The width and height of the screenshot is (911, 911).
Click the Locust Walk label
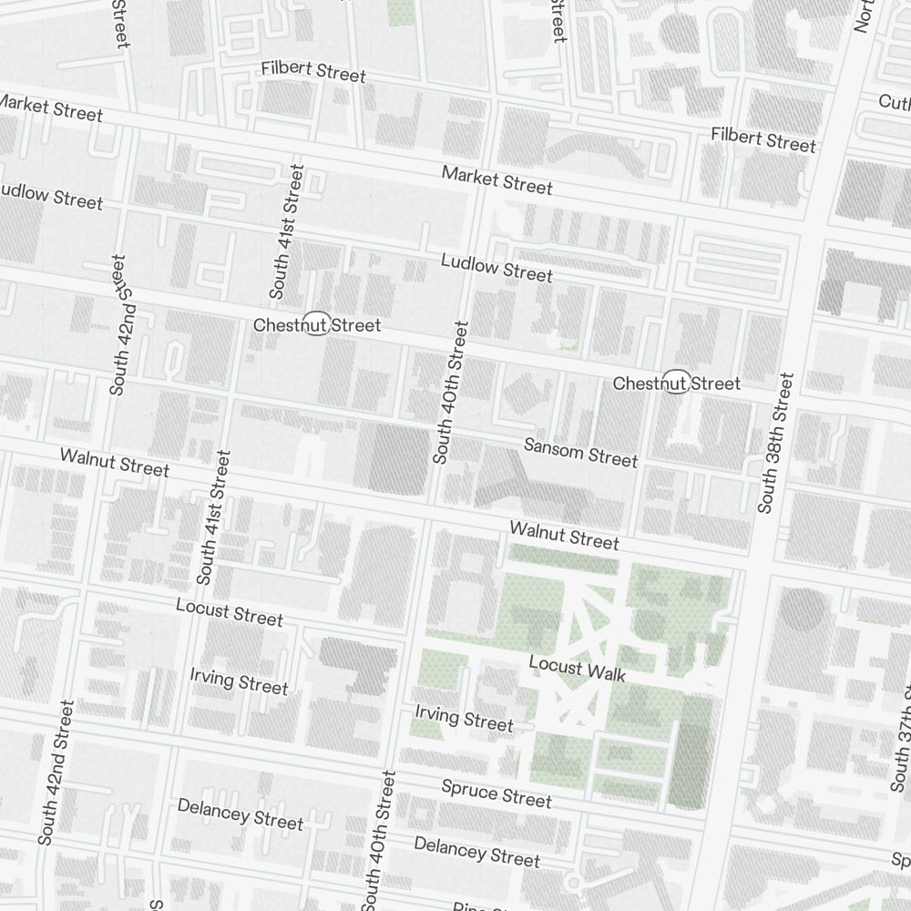click(578, 670)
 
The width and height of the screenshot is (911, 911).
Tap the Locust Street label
click(230, 612)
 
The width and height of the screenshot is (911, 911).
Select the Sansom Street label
click(580, 452)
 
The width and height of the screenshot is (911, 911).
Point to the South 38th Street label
click(776, 442)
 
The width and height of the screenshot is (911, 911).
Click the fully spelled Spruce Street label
click(496, 793)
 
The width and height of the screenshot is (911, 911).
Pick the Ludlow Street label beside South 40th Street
click(496, 268)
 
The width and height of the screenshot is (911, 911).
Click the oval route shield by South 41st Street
click(316, 323)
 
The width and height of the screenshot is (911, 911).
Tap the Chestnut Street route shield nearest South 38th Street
click(675, 383)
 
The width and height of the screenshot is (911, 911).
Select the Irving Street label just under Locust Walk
click(464, 718)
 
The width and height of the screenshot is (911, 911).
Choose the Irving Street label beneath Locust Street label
click(239, 681)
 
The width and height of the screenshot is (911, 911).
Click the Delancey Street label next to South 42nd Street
click(241, 814)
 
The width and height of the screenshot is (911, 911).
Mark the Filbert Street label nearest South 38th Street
click(763, 140)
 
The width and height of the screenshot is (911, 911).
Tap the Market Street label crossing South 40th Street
click(497, 179)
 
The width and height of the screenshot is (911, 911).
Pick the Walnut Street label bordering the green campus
click(564, 535)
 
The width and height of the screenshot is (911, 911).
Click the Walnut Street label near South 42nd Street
click(115, 462)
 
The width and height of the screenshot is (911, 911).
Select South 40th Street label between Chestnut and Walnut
click(451, 393)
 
